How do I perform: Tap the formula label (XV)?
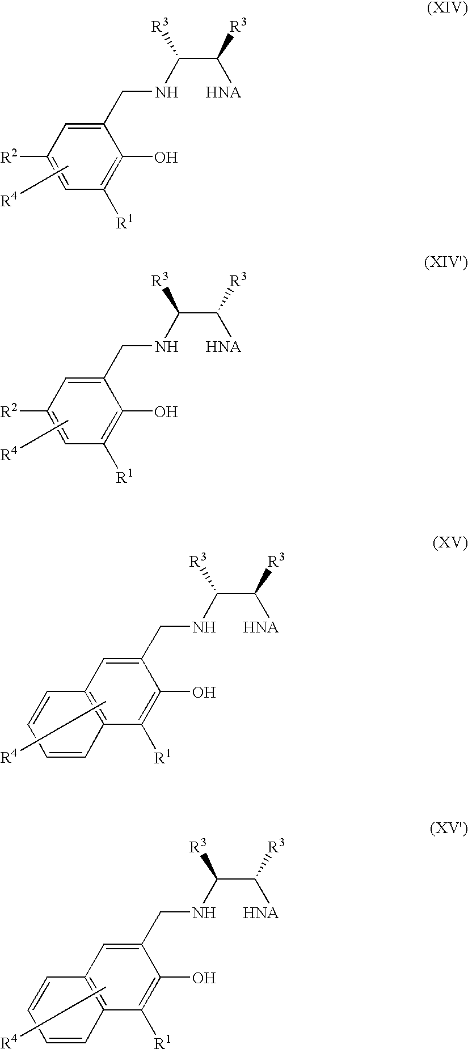tap(450, 543)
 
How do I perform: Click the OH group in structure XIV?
tap(166, 158)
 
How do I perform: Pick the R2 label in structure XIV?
tap(10, 156)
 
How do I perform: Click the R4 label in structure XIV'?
tap(10, 453)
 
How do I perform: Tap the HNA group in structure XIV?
tap(224, 92)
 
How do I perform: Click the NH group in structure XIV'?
tap(167, 347)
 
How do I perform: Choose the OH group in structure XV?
tap(204, 693)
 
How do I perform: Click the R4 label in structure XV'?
tap(10, 1041)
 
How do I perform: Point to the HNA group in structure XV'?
tap(261, 913)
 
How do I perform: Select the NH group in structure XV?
tap(204, 627)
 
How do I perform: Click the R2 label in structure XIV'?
tap(10, 410)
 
